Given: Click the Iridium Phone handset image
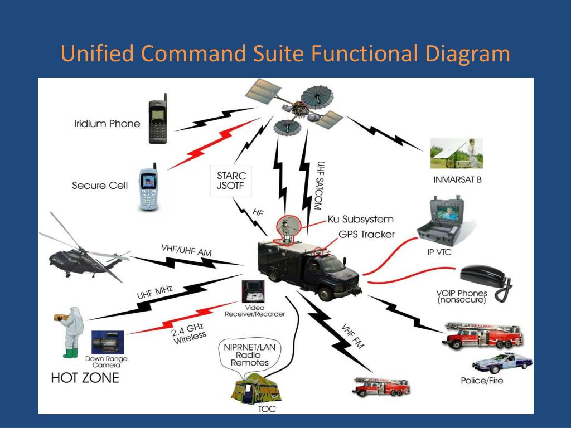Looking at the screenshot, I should (158, 122).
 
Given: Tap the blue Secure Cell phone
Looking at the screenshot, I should (148, 188).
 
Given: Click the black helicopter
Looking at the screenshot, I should (84, 254).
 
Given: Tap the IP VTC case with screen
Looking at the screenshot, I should (444, 221).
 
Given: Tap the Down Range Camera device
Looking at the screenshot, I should (106, 341).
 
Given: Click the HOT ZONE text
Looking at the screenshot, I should (85, 378).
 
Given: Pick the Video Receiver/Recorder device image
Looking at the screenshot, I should (253, 291).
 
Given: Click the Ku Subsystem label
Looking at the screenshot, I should (360, 219).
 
